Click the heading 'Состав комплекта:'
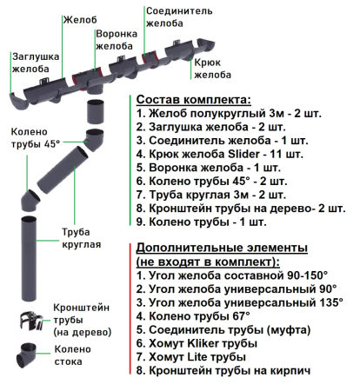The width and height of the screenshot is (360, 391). pos(193,99)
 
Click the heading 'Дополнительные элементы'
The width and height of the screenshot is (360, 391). pos(222,247)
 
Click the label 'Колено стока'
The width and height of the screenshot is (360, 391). pos(73,355)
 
